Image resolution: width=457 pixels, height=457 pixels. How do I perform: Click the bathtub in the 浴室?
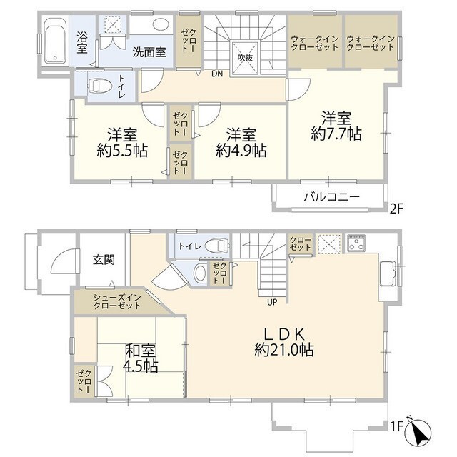(x=56, y=41)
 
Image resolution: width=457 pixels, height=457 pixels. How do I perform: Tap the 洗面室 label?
(x=149, y=52)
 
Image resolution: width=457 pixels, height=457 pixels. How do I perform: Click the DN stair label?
(x=217, y=74)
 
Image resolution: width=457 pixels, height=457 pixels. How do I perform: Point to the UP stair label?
(x=272, y=303)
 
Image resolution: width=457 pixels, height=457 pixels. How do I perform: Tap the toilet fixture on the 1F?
(x=217, y=246)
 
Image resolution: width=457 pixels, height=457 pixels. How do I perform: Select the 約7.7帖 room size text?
(x=336, y=134)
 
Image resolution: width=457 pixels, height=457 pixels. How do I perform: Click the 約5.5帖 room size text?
(x=122, y=151)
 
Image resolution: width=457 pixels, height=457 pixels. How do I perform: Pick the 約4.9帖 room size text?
(x=241, y=151)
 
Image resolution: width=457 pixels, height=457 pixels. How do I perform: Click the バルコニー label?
(x=331, y=197)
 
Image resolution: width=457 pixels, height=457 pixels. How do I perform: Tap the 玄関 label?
(x=104, y=259)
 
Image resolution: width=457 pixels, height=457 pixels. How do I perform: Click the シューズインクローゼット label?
(x=117, y=301)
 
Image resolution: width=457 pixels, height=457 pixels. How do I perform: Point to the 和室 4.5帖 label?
(x=141, y=358)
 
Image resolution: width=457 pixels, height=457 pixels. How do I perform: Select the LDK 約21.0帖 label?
(x=284, y=342)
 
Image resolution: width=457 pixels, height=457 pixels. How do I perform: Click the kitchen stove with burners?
(x=356, y=243)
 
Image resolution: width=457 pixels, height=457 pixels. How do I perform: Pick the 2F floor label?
(x=396, y=209)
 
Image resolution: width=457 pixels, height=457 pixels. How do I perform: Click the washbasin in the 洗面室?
(x=160, y=24)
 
